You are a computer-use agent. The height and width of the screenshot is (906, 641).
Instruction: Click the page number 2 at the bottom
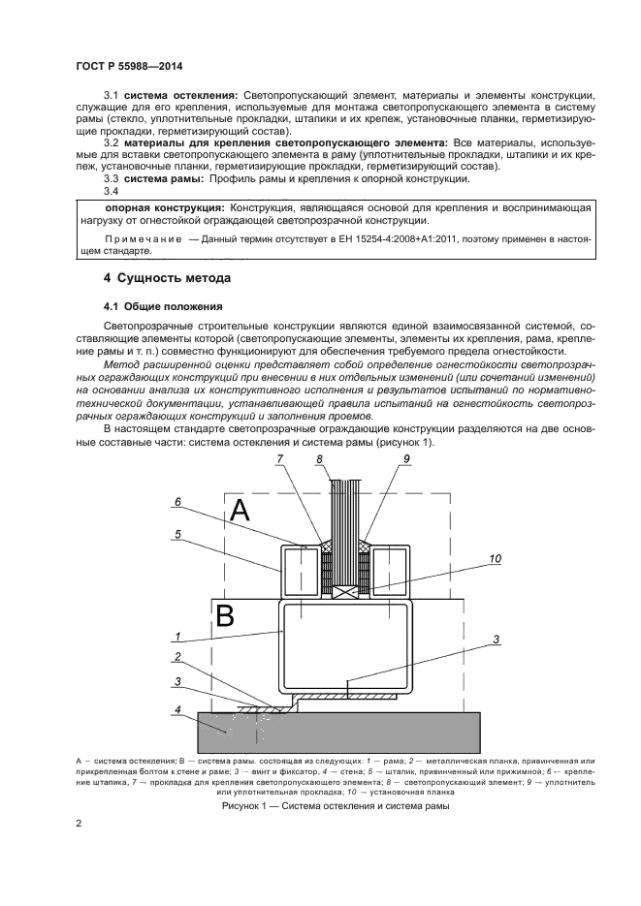(79, 824)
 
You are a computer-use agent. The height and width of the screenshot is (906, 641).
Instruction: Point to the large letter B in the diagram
(224, 615)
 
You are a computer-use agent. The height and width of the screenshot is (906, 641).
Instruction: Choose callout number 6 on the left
(178, 501)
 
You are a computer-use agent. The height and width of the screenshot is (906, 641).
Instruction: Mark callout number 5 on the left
(178, 532)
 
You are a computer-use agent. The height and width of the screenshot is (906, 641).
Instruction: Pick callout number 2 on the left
(178, 657)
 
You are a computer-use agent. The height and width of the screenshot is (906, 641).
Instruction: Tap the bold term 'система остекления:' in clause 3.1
(181, 95)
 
